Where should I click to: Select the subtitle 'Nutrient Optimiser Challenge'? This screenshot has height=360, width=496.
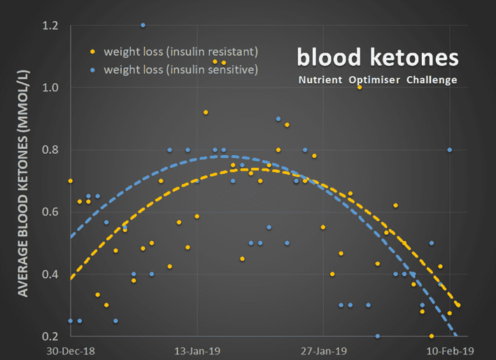378,80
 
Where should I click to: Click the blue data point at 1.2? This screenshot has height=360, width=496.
143,25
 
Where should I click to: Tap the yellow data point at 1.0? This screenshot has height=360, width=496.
360,87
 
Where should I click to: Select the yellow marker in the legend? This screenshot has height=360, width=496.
93,52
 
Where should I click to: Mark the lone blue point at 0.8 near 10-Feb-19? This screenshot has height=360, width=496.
450,150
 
